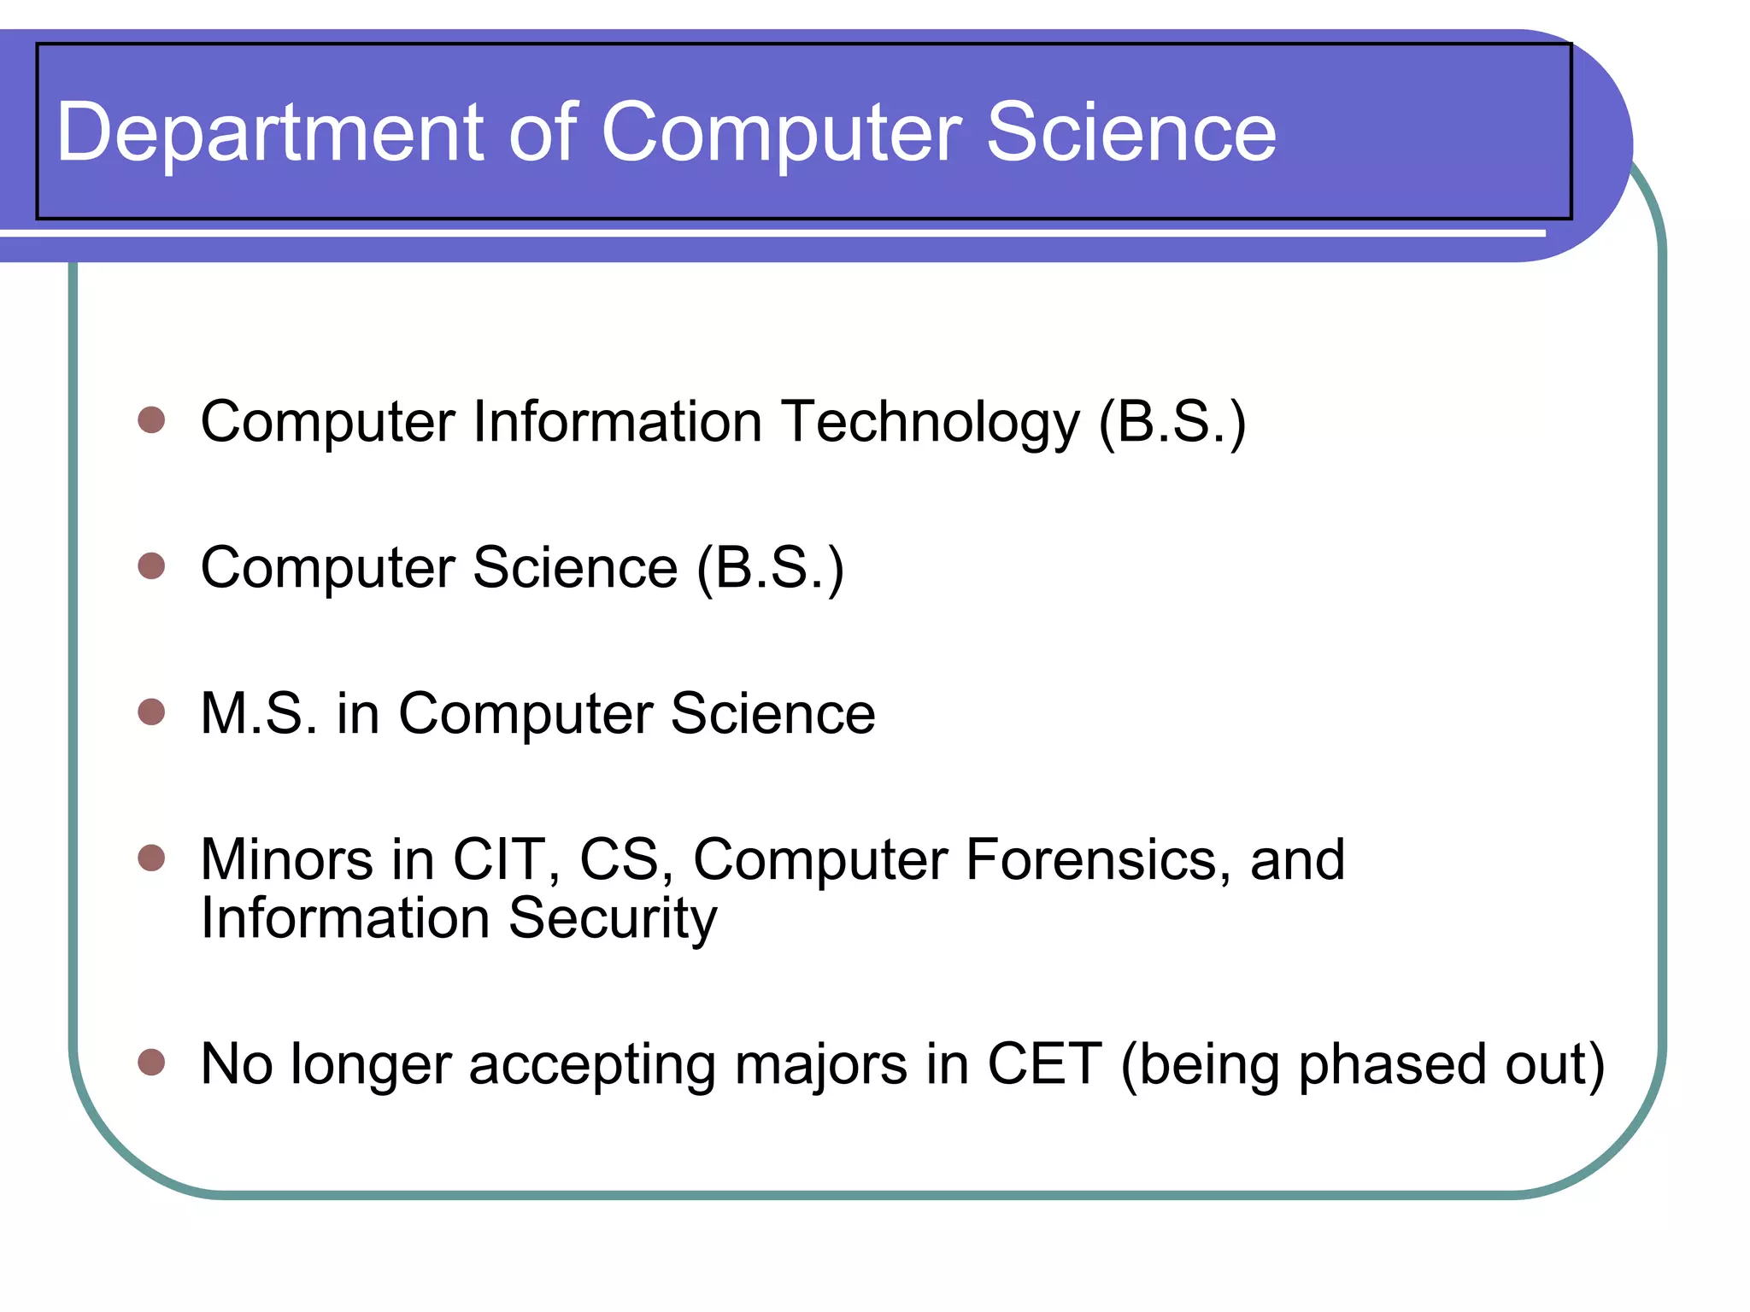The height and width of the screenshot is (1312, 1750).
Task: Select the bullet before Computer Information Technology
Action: coord(151,420)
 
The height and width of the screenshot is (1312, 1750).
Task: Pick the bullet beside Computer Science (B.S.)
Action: coord(151,565)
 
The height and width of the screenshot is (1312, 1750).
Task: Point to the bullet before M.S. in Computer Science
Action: coord(151,712)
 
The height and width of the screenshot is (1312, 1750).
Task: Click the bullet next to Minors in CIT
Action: coord(151,858)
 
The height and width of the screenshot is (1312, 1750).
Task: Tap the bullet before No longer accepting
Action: coord(151,1063)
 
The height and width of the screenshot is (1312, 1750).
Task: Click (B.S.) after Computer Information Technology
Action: coord(1172,422)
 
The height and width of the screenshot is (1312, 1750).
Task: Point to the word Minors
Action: coord(286,859)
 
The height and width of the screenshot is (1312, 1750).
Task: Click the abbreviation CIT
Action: coord(500,859)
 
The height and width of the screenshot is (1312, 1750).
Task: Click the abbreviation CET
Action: coord(1043,1064)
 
